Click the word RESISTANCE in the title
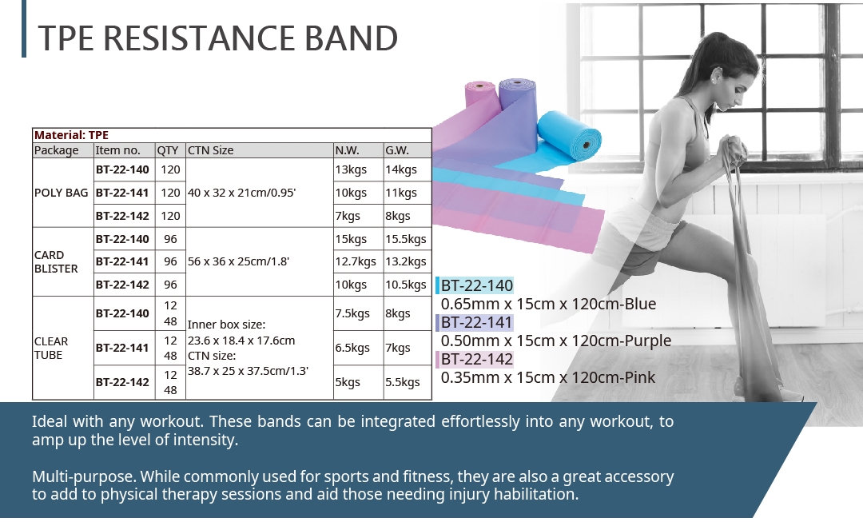(x=199, y=38)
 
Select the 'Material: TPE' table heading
(x=72, y=135)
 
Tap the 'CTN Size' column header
(x=210, y=150)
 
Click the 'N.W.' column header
(x=347, y=150)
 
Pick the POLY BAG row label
(x=61, y=193)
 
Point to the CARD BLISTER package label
(x=56, y=261)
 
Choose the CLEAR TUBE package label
(x=51, y=348)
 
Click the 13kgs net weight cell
(x=351, y=169)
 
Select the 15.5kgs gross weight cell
(x=406, y=239)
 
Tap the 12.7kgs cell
(x=356, y=261)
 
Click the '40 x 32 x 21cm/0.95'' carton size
(x=241, y=193)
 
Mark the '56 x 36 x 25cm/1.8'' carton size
(x=238, y=261)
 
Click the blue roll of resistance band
(x=570, y=135)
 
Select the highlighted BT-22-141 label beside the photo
(x=476, y=322)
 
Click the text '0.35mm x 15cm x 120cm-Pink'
(x=547, y=377)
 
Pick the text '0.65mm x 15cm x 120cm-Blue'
(x=548, y=304)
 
